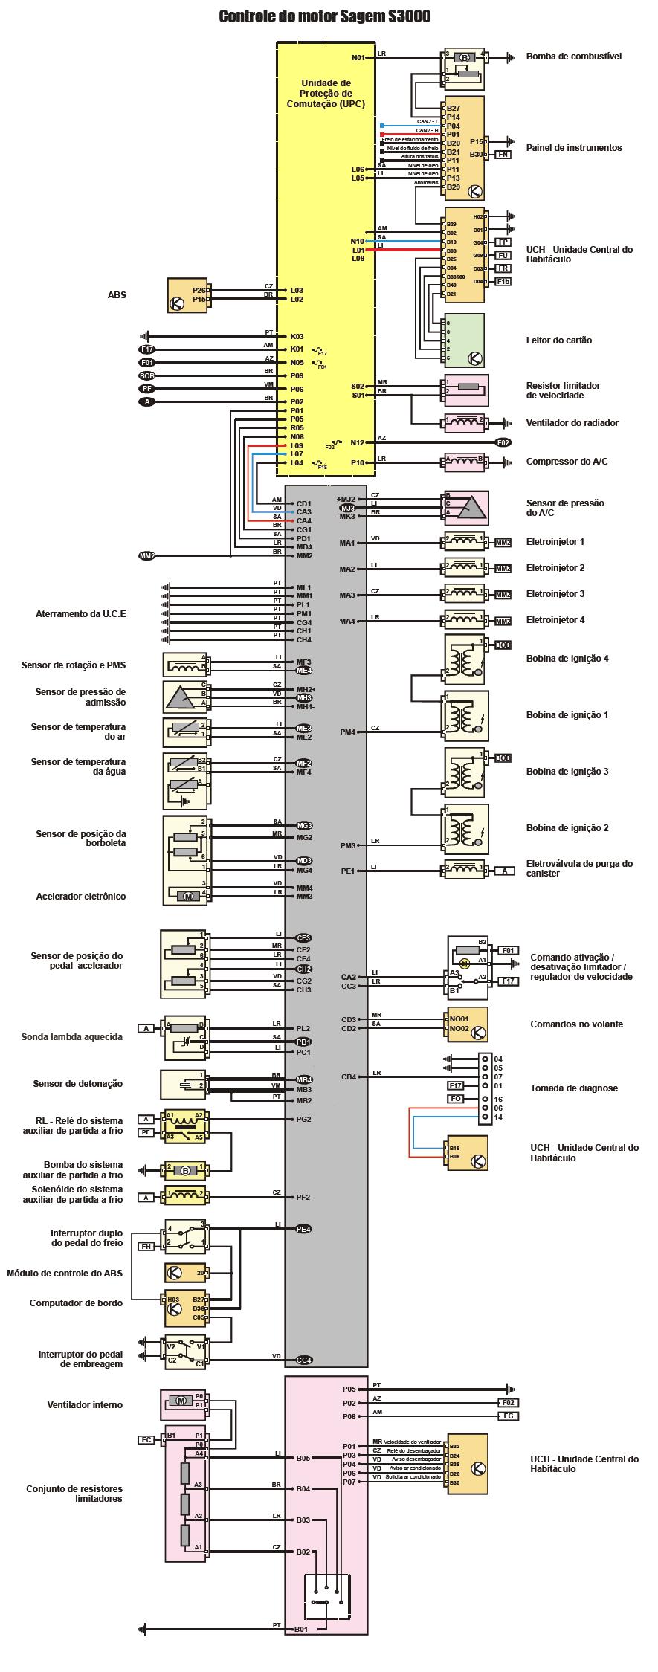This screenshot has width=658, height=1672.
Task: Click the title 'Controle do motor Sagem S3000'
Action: pos(324,17)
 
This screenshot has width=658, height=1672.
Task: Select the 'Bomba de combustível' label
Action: pos(573,57)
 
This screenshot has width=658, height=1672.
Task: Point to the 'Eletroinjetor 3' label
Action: pos(555,594)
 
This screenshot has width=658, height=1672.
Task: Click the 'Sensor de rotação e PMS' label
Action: pos(73,665)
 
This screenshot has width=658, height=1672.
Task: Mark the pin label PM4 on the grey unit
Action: pos(347,732)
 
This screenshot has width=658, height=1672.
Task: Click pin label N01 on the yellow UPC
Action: pos(358,57)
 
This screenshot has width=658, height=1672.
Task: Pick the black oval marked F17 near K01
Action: pos(146,349)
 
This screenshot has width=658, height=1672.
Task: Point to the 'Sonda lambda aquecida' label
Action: pos(77,1036)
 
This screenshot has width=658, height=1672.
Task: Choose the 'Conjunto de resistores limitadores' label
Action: pos(74,1494)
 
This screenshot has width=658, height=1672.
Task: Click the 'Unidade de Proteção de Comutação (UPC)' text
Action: pos(326,94)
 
